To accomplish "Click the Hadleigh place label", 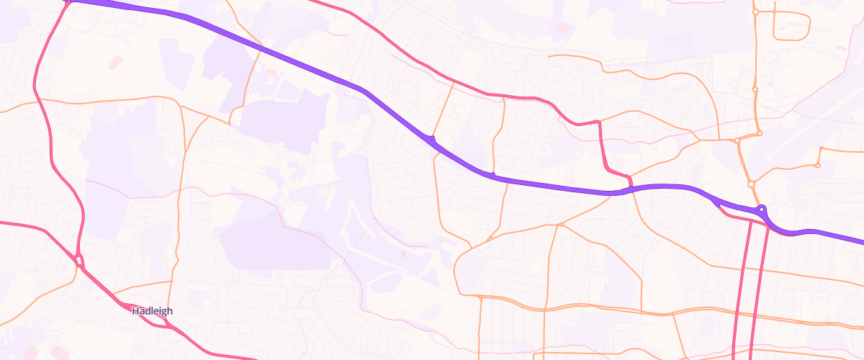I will point(152,311).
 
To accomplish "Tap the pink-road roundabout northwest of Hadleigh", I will point(78,261).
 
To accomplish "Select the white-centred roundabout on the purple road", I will point(762,210).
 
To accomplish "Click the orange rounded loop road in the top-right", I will point(791,25).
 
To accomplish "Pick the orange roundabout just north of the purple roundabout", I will point(751,184).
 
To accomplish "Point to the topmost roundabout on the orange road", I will point(755,12).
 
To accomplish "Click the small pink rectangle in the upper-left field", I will point(115,63).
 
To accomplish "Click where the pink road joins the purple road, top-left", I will point(68,2).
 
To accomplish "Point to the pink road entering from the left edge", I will point(14,224).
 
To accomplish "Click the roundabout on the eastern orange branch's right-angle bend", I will point(818,166).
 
